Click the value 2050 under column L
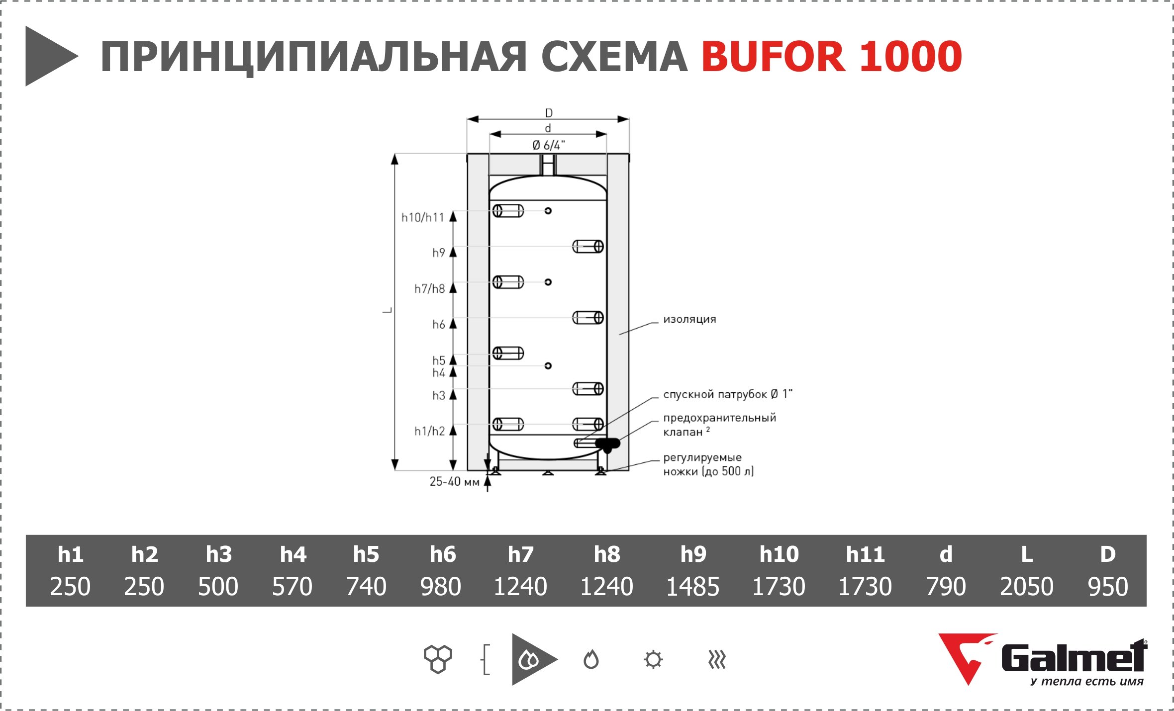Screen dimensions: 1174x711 point(1027,586)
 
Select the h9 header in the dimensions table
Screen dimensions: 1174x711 point(693,554)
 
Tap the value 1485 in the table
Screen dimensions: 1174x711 point(692,586)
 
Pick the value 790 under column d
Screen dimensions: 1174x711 point(946,586)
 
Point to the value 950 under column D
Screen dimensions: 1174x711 point(1108,586)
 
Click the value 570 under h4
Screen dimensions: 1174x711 point(292,586)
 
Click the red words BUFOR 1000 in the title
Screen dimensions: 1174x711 point(832,56)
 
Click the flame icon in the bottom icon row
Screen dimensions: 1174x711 point(591,659)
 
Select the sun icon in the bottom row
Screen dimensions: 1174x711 point(653,660)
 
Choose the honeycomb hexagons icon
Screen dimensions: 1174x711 point(438,659)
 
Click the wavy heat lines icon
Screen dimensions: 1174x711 point(717,660)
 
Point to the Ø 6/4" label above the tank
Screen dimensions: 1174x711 point(548,145)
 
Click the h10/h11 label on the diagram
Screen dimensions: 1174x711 point(422,217)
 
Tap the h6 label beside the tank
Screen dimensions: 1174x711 point(438,324)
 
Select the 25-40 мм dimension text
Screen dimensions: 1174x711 point(454,481)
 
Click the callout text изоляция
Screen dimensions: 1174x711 point(689,319)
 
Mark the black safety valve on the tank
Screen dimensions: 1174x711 point(607,444)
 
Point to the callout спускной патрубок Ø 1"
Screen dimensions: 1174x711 point(728,394)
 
